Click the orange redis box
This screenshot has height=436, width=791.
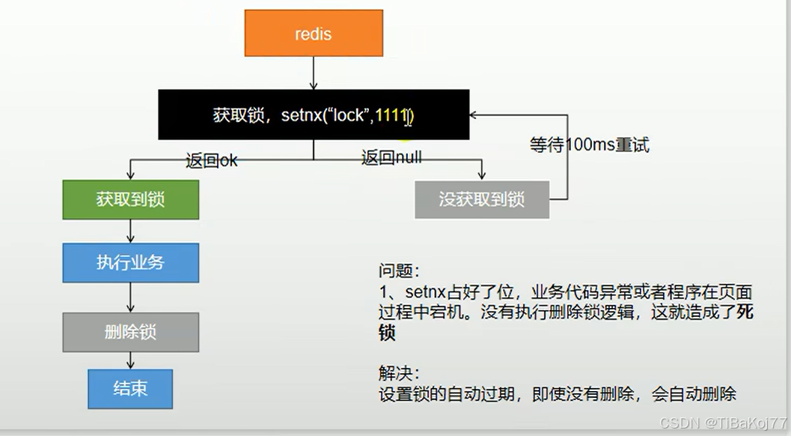(314, 33)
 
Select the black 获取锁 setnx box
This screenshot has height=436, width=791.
(314, 115)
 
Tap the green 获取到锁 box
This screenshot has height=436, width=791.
(130, 199)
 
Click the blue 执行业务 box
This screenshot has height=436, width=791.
(130, 262)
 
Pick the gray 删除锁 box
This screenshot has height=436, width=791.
(130, 332)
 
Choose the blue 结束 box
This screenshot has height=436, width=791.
(130, 388)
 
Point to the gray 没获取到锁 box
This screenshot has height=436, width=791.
(482, 199)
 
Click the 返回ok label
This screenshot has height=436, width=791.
(212, 160)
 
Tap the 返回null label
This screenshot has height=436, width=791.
(391, 157)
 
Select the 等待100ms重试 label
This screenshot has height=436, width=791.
(590, 145)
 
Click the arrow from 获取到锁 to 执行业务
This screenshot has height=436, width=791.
(131, 231)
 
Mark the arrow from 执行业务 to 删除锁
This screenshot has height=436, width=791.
(131, 297)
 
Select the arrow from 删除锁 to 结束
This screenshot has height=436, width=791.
(131, 360)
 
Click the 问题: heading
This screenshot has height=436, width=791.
(399, 270)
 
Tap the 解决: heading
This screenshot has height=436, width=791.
(399, 372)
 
